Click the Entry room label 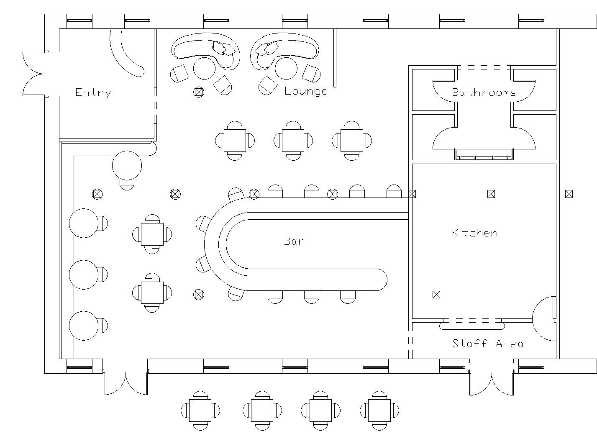(93, 92)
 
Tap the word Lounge (306, 91)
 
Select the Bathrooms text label (484, 92)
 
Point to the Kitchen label (475, 233)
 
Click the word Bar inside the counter (295, 241)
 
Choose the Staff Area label (488, 344)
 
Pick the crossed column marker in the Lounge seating (199, 92)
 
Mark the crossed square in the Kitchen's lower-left (436, 295)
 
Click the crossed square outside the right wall (569, 194)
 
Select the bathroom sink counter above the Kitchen (484, 155)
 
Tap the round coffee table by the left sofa (204, 68)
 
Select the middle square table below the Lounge (293, 141)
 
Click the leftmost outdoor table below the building (200, 410)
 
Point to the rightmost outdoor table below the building (379, 410)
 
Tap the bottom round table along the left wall (84, 326)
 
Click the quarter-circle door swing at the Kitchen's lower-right (544, 318)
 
